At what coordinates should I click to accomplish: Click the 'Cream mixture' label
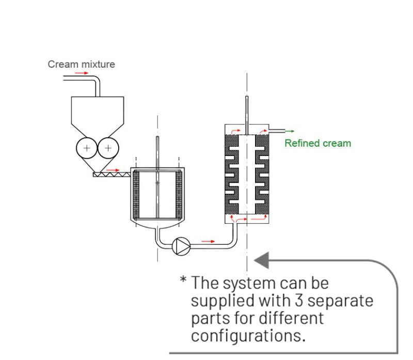81,65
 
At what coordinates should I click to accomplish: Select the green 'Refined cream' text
317,143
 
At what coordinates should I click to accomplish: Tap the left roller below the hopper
86,148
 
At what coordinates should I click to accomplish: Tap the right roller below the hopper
108,148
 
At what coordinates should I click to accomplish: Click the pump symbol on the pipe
181,246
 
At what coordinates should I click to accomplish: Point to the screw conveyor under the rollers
111,175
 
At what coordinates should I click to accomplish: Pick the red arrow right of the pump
208,241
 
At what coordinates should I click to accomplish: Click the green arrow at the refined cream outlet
290,131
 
